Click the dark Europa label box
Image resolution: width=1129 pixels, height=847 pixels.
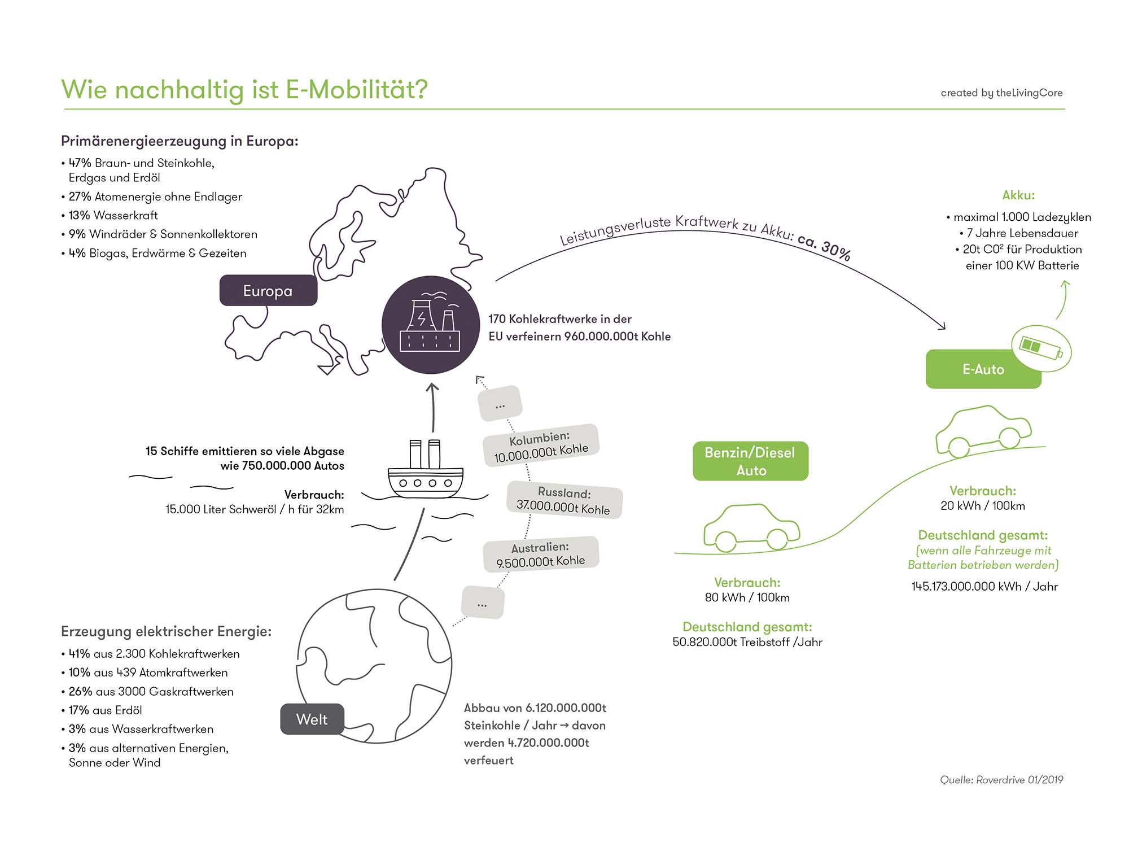point(268,290)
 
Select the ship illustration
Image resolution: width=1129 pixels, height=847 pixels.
point(426,471)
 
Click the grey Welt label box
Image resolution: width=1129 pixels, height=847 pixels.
point(312,719)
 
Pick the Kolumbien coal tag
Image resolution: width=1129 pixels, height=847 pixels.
point(541,446)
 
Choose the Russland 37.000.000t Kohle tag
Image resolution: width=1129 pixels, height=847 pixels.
point(564,500)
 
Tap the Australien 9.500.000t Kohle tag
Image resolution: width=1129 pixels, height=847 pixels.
point(540,554)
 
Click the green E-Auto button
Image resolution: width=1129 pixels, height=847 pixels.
point(983,369)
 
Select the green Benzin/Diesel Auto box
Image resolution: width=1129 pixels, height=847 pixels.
point(750,461)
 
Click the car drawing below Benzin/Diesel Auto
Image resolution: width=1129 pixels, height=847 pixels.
point(751,528)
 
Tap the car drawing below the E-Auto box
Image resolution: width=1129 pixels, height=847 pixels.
point(983,432)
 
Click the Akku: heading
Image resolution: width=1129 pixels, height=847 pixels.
point(1018,195)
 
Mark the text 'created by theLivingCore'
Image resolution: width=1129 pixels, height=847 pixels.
point(1001,93)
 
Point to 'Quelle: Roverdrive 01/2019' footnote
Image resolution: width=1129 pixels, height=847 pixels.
point(1001,780)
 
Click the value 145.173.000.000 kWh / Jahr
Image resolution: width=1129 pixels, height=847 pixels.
point(984,586)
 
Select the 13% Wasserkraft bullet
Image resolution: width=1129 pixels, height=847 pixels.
point(113,215)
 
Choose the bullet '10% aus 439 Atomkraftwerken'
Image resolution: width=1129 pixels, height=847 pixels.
point(148,673)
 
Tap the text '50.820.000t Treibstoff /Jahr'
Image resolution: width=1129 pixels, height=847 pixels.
point(747,642)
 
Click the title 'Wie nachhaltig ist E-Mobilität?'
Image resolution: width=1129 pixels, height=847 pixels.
point(244,89)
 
